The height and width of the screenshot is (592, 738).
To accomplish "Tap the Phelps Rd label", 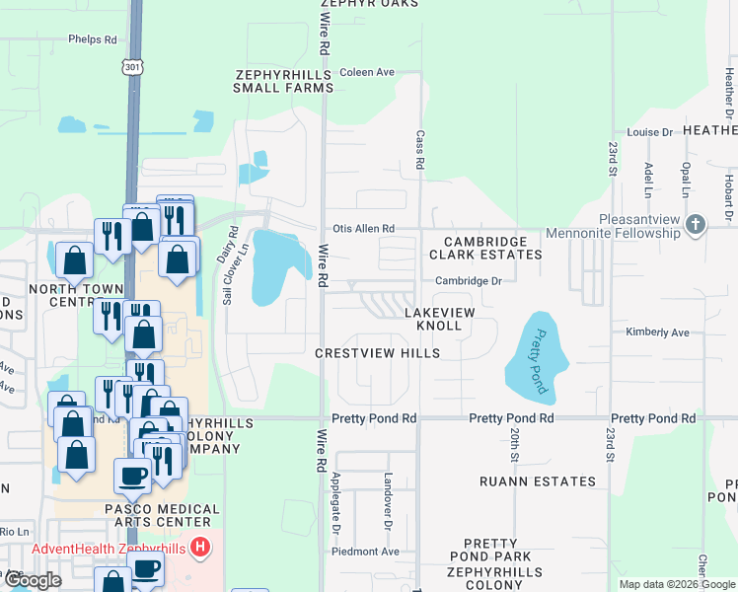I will coord(92,40).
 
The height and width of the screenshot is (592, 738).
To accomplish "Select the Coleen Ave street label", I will coord(366,72).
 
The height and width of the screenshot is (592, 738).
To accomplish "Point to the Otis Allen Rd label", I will coord(361,229).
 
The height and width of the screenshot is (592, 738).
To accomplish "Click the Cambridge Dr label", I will coord(469,281).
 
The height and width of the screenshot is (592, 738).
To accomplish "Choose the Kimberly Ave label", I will coord(657,333).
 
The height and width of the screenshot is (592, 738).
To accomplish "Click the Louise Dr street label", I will coord(649,131).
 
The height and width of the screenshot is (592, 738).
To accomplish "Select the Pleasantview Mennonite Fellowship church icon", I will coord(696,224).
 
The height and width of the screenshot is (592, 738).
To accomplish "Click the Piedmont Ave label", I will coord(369,552).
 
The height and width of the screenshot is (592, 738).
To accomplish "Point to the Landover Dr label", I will coord(387,499).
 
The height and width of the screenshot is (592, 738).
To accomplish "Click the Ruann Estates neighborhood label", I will coord(538,481).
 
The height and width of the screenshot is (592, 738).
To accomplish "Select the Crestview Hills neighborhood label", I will coord(377,353).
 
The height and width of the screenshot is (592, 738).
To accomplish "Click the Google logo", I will coord(33,580).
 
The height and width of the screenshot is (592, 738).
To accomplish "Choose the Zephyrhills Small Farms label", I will coord(284,81).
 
